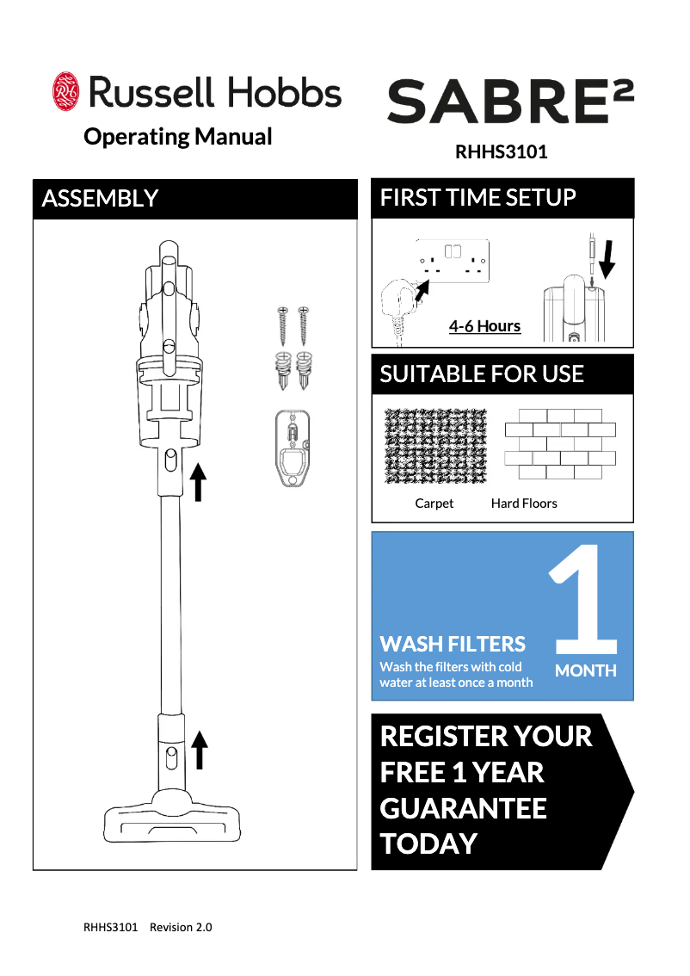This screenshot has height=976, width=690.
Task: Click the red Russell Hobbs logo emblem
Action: pyautogui.click(x=65, y=91)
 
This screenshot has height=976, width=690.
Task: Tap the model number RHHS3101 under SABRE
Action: pyautogui.click(x=501, y=151)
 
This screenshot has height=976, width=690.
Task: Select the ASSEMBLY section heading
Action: pyautogui.click(x=100, y=199)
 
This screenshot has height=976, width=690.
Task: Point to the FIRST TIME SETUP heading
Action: pyautogui.click(x=477, y=197)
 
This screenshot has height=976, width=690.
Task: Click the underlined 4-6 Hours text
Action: pyautogui.click(x=484, y=326)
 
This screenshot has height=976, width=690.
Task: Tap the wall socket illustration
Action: pyautogui.click(x=453, y=260)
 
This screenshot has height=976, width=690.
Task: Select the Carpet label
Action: pyautogui.click(x=434, y=503)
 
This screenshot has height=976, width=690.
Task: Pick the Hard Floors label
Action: pyautogui.click(x=524, y=503)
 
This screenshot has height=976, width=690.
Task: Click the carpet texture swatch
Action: pyautogui.click(x=435, y=446)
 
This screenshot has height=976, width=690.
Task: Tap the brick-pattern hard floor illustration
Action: pyautogui.click(x=560, y=444)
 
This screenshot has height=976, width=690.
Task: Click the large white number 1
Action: pyautogui.click(x=583, y=599)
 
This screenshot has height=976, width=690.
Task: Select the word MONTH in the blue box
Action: pyautogui.click(x=586, y=670)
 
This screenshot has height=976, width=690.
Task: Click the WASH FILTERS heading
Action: pyautogui.click(x=453, y=644)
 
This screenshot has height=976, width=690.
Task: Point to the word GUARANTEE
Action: pyautogui.click(x=464, y=808)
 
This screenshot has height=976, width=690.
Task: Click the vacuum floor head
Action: pyautogui.click(x=172, y=815)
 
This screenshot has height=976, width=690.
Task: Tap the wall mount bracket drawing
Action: pyautogui.click(x=293, y=448)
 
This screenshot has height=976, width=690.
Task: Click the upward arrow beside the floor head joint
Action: pyautogui.click(x=199, y=750)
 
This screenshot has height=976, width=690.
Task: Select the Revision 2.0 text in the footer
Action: pyautogui.click(x=181, y=927)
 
